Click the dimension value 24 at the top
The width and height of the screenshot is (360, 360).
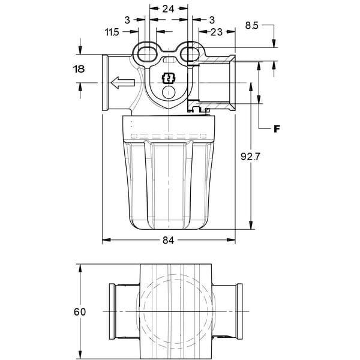[x=168, y=9]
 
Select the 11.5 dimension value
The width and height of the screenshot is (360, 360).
[x=112, y=32]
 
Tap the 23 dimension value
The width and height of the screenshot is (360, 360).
[x=216, y=32]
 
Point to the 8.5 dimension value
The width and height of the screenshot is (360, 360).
[x=251, y=25]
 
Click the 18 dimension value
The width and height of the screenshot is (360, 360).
[x=79, y=69]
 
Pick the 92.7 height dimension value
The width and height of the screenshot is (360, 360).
[x=250, y=157]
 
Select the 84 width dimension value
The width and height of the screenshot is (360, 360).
[x=168, y=240]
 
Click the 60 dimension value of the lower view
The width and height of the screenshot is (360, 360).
[x=80, y=312]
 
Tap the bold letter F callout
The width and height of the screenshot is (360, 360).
[x=277, y=129]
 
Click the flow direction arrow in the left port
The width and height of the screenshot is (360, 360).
[x=122, y=83]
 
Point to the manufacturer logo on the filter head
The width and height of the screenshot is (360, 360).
[x=169, y=79]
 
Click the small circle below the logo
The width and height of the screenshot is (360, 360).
[x=169, y=92]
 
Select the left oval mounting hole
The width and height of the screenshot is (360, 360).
[x=147, y=55]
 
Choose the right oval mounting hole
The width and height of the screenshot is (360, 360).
[x=190, y=55]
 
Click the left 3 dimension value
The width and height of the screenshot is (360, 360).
[x=127, y=20]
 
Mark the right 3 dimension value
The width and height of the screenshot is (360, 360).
[x=212, y=20]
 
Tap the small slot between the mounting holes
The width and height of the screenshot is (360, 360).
[x=169, y=61]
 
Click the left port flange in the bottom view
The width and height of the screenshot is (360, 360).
[x=112, y=311]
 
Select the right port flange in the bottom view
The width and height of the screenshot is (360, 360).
[x=239, y=311]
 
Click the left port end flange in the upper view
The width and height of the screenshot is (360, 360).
[x=105, y=83]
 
